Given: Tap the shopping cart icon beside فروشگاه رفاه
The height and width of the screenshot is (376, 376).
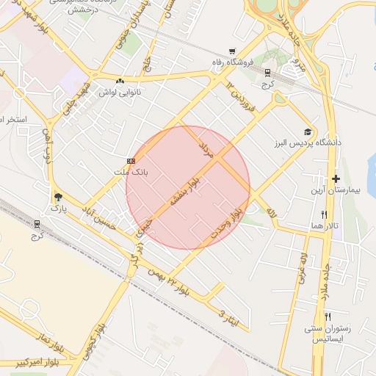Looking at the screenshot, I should pos(232,51).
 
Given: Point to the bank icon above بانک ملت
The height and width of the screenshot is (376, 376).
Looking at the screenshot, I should pos(131,160).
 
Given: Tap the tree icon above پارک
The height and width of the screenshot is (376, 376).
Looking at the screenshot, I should pos(58,197).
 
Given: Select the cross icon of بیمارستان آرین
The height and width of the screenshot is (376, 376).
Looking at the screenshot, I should pos(336,178).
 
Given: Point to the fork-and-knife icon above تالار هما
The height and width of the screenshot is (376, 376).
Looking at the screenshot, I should pos(323,214).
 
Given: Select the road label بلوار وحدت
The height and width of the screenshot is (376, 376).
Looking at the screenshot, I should pos(229,214).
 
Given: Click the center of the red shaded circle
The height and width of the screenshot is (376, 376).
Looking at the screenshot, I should pos(188,187).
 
